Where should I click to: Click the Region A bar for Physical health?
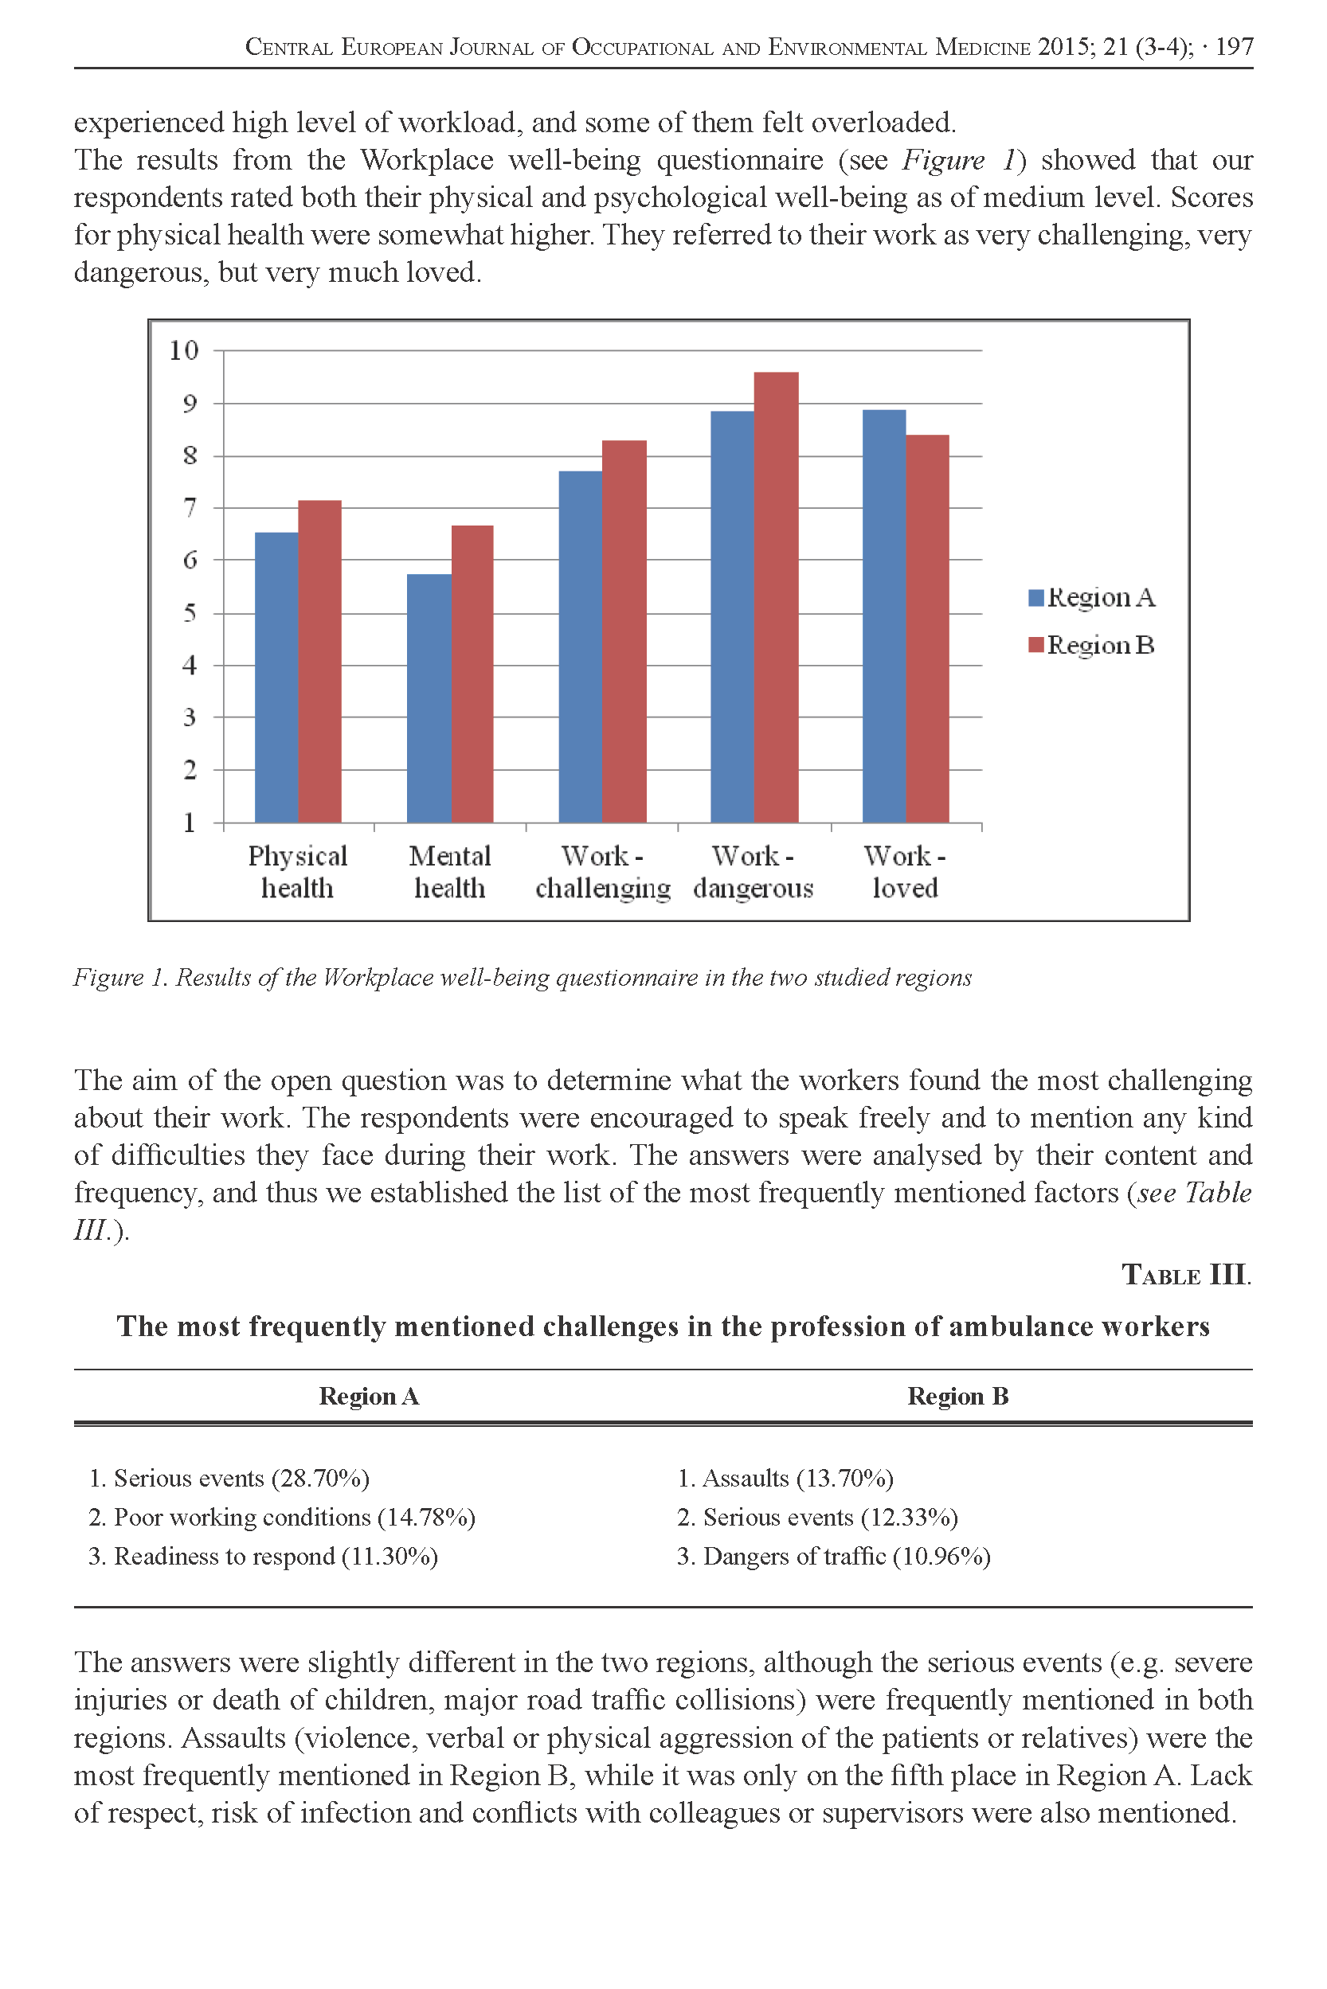tap(276, 677)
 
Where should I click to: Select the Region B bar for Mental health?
tap(472, 674)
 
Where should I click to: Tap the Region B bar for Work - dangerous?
tap(776, 597)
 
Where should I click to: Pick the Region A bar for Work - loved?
tap(883, 616)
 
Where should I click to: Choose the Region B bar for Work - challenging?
tap(624, 631)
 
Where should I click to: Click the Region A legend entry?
tap(1091, 597)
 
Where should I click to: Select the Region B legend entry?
tap(1091, 646)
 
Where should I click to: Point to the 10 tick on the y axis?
tap(184, 350)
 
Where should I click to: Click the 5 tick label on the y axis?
tap(190, 612)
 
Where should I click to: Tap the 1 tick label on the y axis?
tap(190, 823)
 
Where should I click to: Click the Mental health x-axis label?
tap(449, 871)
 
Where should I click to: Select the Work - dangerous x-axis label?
tap(753, 871)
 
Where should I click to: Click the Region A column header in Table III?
tap(369, 1396)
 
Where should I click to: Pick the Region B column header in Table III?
tap(958, 1396)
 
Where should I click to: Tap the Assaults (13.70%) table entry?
tap(785, 1478)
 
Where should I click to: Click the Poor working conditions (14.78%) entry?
tap(282, 1517)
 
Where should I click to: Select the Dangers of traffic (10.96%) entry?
tap(834, 1556)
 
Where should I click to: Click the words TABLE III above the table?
tap(1186, 1274)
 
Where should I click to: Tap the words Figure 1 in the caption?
tap(120, 977)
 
